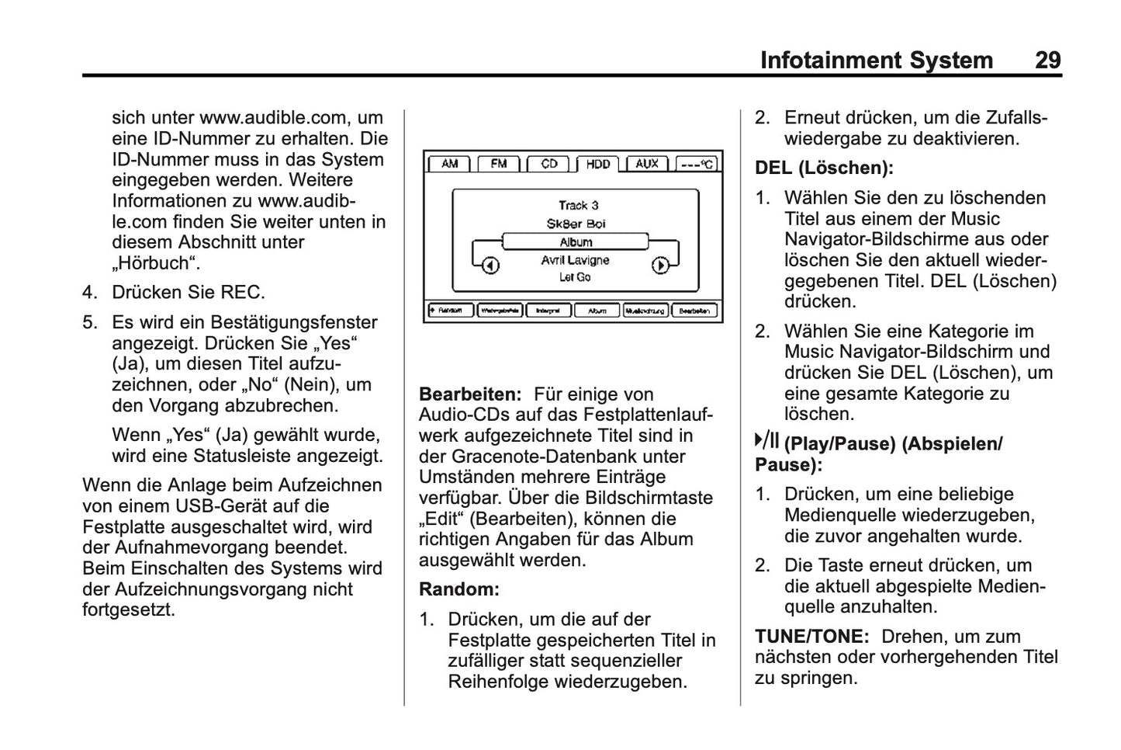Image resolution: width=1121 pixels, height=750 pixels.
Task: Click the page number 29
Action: coord(1047,61)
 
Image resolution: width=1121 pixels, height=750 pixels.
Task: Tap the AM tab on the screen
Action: coord(449,164)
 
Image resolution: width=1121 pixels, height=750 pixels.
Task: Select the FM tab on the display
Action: coord(498,164)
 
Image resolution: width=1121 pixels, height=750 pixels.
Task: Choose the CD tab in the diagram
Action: coord(548,164)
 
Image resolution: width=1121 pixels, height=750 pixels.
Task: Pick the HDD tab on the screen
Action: coord(597,164)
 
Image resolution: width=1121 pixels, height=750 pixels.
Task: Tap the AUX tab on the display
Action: coord(646,164)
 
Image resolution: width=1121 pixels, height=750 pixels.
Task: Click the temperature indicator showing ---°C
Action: coord(696,164)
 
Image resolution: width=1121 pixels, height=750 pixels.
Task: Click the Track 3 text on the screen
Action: coord(578,205)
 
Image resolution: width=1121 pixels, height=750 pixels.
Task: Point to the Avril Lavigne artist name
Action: coord(575,260)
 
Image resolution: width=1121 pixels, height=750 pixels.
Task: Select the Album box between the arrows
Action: coord(575,242)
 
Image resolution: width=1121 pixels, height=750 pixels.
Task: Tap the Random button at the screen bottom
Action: coord(449,311)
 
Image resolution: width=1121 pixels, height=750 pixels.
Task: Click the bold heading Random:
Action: coord(459,589)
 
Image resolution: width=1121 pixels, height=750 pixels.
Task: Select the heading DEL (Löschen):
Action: coord(824,168)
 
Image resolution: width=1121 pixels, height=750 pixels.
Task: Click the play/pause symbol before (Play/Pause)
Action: coord(766,443)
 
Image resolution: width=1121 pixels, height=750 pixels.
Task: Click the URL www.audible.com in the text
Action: coord(273,118)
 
